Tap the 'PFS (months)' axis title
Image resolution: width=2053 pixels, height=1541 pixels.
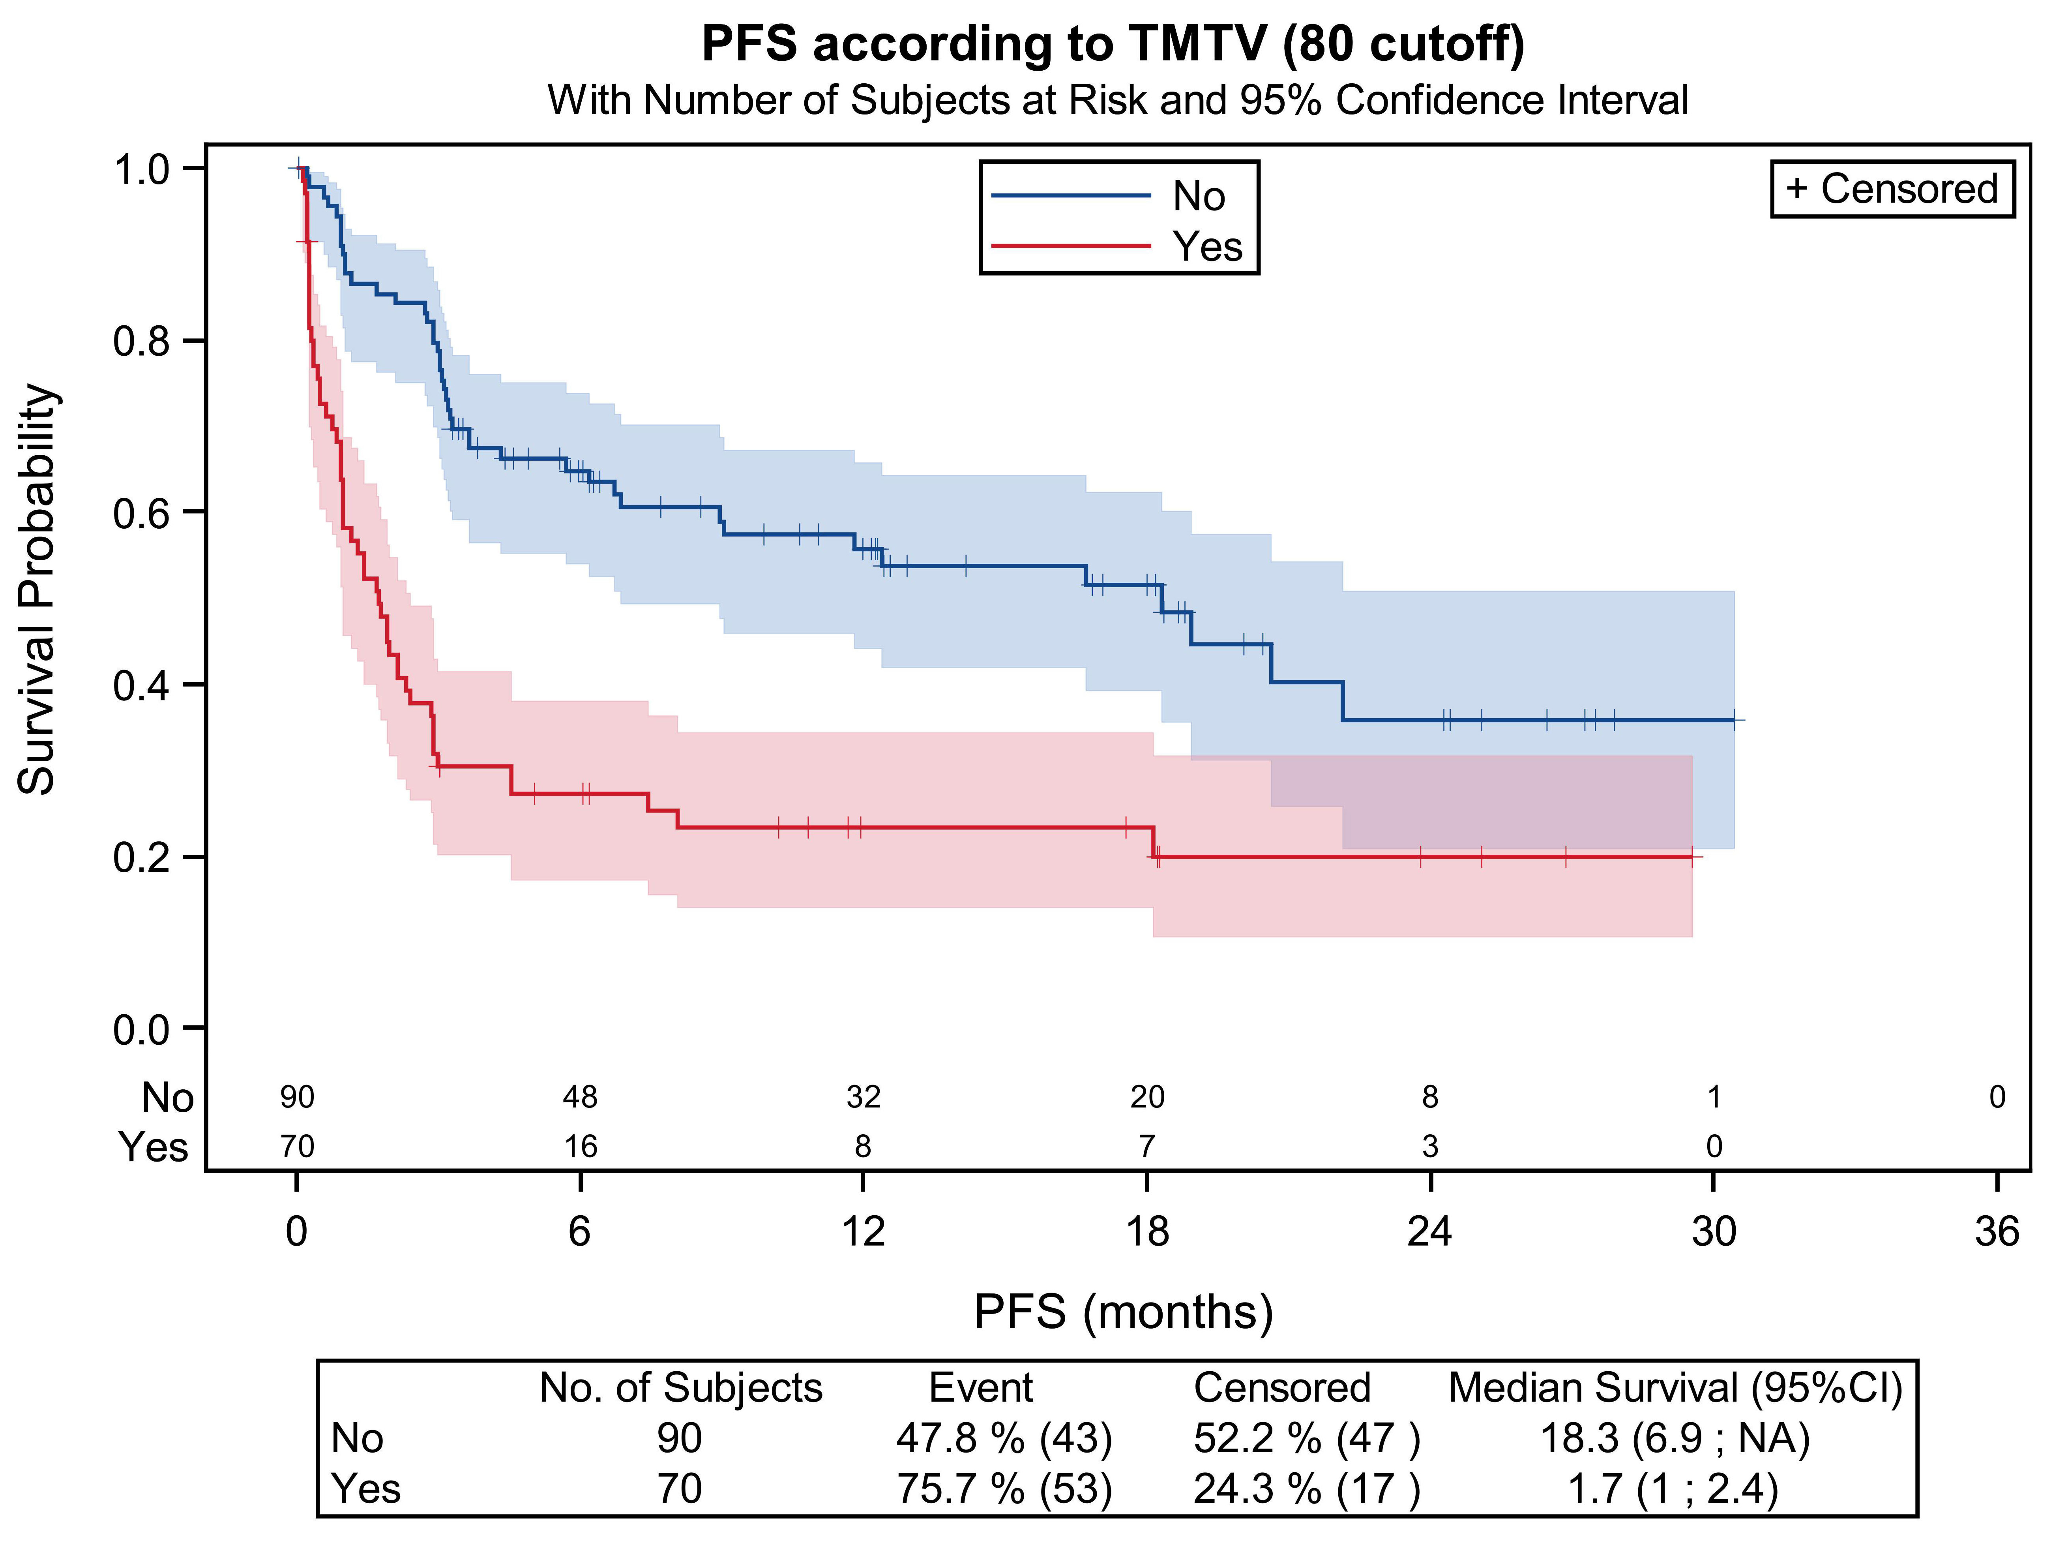[1123, 1312]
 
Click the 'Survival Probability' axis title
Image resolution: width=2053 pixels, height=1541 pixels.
[39, 589]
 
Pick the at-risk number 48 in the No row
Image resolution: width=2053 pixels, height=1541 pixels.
[580, 1097]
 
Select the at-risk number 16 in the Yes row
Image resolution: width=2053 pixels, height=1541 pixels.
[580, 1147]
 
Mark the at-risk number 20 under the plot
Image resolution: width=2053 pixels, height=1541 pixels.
[1147, 1097]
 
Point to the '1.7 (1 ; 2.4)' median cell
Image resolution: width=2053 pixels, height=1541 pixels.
[1673, 1488]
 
